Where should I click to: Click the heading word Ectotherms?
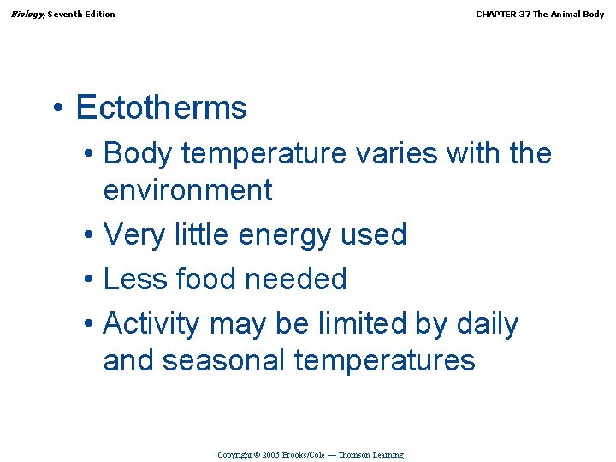tap(161, 108)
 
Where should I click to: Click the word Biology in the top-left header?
tap(27, 14)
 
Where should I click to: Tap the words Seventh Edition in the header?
tap(81, 14)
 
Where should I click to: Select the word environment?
tap(187, 190)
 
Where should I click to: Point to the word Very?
tap(132, 234)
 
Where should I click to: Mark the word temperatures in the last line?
tap(384, 360)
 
